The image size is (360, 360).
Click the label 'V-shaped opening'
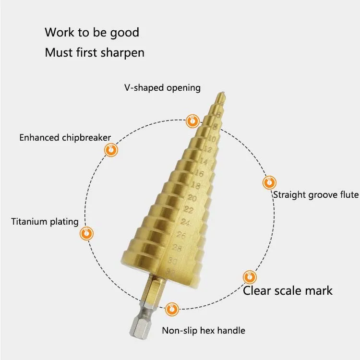coord(160,88)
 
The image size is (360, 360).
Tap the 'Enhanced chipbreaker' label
coord(65,138)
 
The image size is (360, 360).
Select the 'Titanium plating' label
coord(45,221)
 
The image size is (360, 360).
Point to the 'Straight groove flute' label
coord(316,194)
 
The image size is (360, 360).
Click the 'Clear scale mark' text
coord(288,290)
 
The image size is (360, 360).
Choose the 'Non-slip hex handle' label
coord(203,330)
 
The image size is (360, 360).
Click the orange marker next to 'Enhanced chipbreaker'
coord(111,150)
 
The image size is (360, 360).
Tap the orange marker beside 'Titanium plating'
coord(86,234)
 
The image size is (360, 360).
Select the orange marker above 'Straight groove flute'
coord(269,182)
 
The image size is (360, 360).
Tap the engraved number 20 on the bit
coord(192,197)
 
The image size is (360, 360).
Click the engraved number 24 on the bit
coord(185,222)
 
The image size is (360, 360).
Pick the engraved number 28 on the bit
coord(177,248)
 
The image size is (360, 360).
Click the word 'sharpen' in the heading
coord(122,52)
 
